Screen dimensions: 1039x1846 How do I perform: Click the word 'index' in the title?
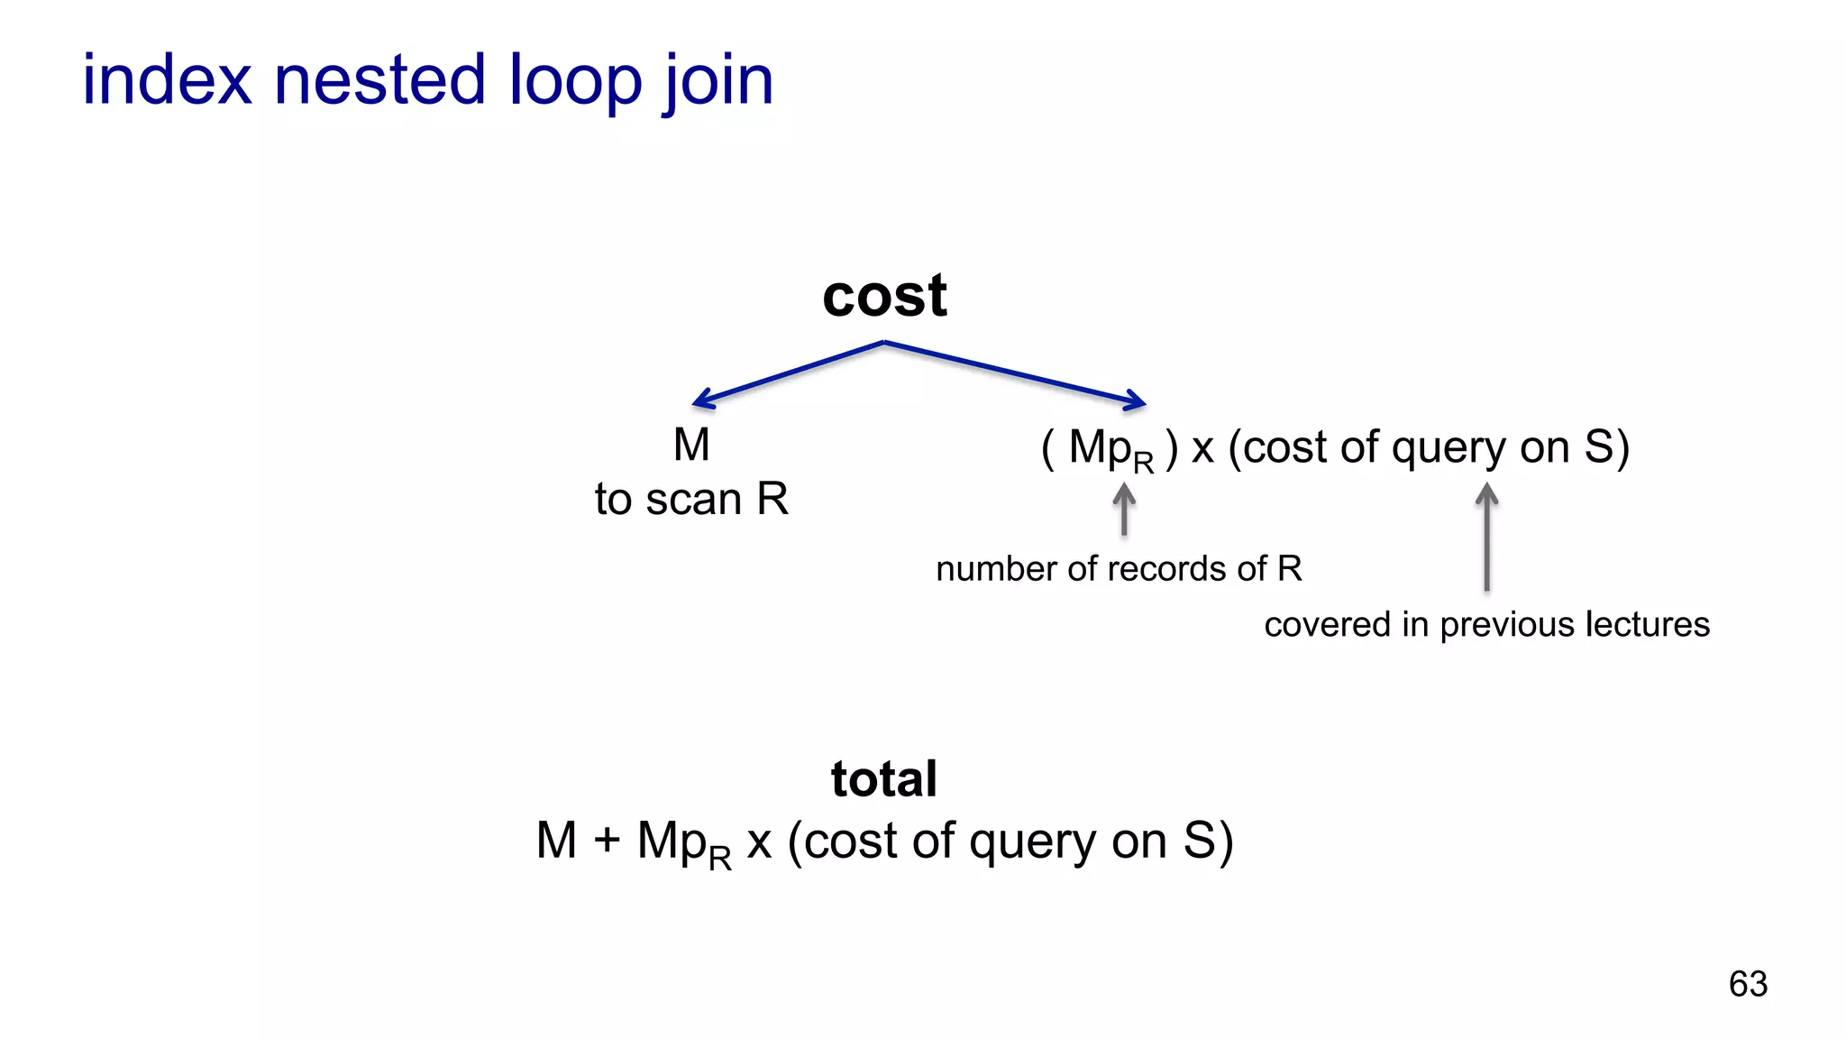[x=167, y=79]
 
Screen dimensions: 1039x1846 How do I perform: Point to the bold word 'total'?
[x=883, y=778]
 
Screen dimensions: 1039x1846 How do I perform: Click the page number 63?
[x=1748, y=983]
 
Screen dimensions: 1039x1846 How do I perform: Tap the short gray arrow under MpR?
[x=1124, y=510]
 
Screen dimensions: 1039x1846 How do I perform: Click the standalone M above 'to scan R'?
[x=691, y=445]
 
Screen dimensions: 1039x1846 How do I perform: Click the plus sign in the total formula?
[x=607, y=841]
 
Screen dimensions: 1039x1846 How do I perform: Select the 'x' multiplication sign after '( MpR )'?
[x=1202, y=448]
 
